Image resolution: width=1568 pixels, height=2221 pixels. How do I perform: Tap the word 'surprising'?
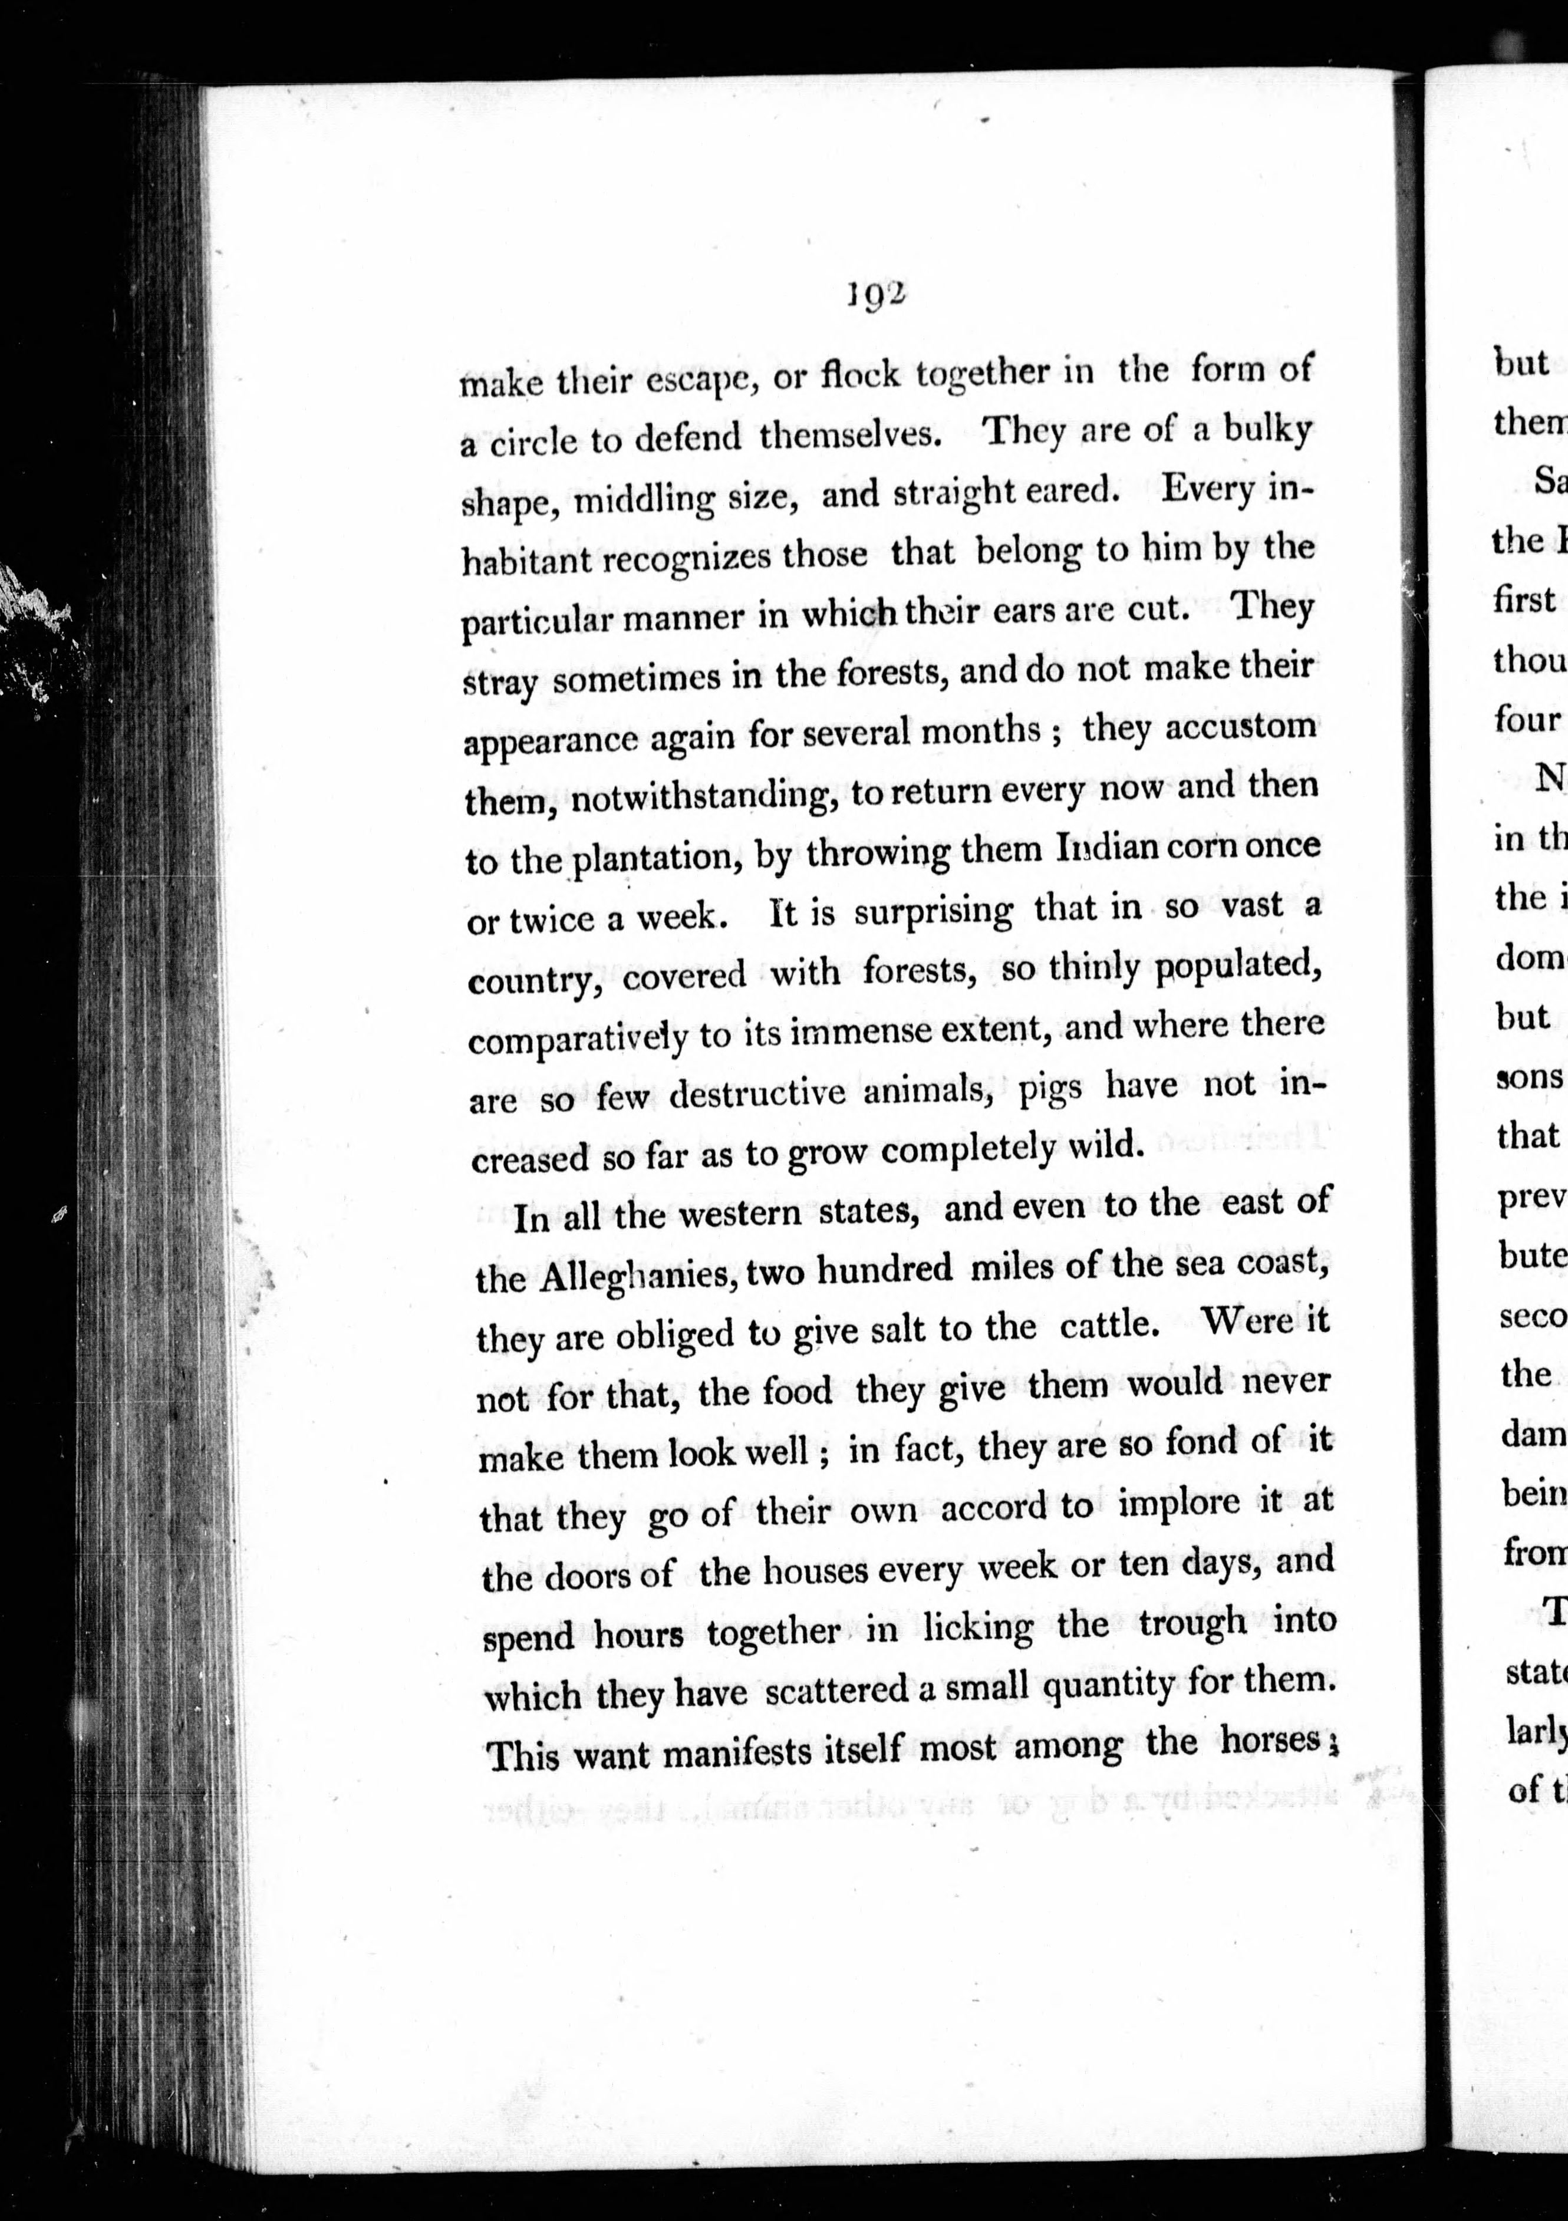934,911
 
